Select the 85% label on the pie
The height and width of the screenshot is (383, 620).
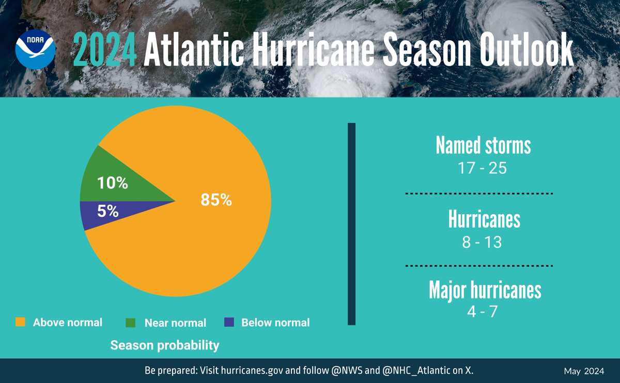coord(216,200)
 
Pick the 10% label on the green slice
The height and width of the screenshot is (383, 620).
coord(113,183)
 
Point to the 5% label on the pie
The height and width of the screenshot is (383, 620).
coord(109,211)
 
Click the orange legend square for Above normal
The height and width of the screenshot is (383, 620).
coord(20,322)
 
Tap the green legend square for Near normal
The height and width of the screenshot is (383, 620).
coord(131,323)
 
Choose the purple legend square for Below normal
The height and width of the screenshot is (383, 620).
coord(229,322)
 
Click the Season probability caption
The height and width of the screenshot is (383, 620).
coord(165,345)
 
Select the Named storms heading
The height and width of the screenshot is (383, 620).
coord(483,146)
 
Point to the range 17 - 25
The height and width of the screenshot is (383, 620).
coord(483,168)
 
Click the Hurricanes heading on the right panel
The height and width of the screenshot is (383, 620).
coord(484,220)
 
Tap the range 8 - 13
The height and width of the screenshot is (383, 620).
coord(482,242)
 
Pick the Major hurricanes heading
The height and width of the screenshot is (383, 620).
coord(485,290)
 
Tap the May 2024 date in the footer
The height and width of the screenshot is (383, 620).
coord(584,372)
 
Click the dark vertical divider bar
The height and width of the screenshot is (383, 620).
coord(351,224)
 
